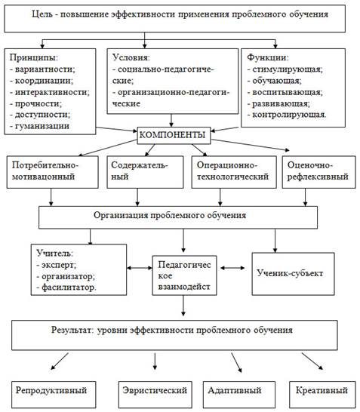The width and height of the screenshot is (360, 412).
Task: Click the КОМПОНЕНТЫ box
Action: coord(174,135)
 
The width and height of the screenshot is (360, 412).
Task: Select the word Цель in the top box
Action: coord(42,14)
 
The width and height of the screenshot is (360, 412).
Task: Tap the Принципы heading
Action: coord(34,57)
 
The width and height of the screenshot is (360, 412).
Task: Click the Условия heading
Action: coord(131,57)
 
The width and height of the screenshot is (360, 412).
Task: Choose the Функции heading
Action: coord(268,57)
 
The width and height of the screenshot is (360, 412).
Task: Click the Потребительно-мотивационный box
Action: coord(53,172)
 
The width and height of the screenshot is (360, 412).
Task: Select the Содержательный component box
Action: coord(145,172)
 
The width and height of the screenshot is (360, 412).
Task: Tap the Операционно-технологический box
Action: coord(234,172)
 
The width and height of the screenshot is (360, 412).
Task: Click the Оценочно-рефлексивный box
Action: coord(319,172)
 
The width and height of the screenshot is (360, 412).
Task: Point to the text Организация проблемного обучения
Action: coord(170,215)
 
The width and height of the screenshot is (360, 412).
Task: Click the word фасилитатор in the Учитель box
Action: coord(69,287)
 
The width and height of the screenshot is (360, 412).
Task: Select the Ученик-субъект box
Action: coord(293,274)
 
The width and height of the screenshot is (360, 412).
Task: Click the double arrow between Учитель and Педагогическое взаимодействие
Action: coord(140,268)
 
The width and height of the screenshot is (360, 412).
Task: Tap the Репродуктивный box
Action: coord(54,395)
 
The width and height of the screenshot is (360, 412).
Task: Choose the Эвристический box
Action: coord(155,395)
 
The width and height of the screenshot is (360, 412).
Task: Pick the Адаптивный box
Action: coord(239,395)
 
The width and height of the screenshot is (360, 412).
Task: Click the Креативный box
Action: coord(322,395)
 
